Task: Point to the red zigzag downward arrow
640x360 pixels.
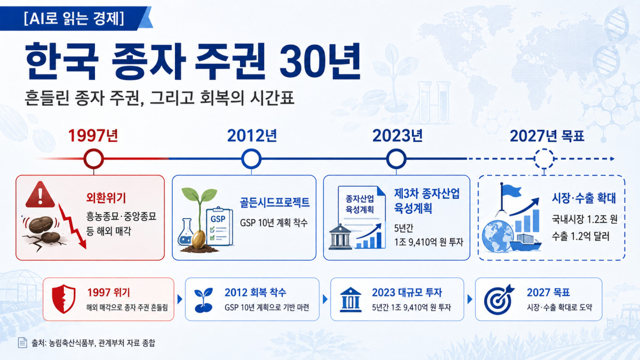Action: pyautogui.click(x=72, y=226)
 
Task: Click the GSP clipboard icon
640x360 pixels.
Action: pyautogui.click(x=219, y=227)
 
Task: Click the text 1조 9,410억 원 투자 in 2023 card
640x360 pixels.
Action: pyautogui.click(x=429, y=242)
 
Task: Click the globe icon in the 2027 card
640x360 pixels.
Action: pyautogui.click(x=498, y=236)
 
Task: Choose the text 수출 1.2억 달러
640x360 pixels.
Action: pyautogui.click(x=580, y=237)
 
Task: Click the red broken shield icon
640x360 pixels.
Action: pyautogui.click(x=63, y=299)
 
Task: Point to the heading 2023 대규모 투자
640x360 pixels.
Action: pyautogui.click(x=406, y=293)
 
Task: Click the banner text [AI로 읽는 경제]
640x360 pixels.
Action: pyautogui.click(x=74, y=18)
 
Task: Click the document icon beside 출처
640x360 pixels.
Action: pyautogui.click(x=22, y=342)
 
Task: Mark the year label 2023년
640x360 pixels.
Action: pyautogui.click(x=397, y=135)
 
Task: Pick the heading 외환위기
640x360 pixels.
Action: pyautogui.click(x=106, y=198)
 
